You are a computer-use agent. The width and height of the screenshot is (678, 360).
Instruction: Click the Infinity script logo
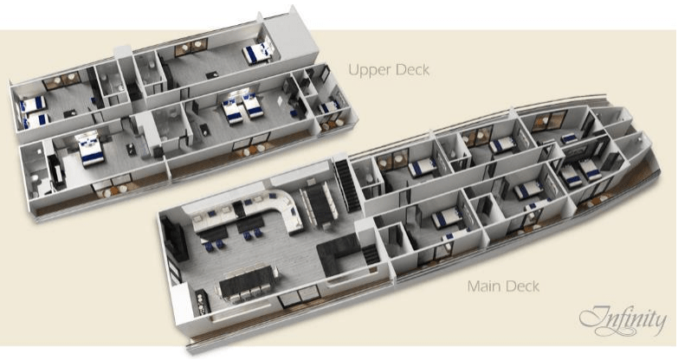[x=623, y=320]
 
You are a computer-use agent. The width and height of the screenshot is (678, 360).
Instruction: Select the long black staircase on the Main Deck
[x=348, y=185]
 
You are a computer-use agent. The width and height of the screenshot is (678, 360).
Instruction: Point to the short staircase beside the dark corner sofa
[x=371, y=254]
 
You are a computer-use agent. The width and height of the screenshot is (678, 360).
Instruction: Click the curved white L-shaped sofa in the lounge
[x=260, y=212]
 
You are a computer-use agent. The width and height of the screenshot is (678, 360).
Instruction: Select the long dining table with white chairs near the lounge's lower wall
[x=248, y=283]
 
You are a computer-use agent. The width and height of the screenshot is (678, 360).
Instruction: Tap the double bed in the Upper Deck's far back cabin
[x=258, y=53]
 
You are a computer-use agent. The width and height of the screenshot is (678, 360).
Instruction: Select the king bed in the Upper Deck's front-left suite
[x=91, y=149]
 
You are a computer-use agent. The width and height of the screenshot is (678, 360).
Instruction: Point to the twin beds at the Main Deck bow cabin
[x=580, y=171]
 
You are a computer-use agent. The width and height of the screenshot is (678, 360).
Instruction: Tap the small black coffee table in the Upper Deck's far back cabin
[x=211, y=75]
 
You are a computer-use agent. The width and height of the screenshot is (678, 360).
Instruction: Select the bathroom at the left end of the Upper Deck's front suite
[x=35, y=172]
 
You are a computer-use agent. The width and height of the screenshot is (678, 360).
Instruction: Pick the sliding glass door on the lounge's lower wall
[x=300, y=296]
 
